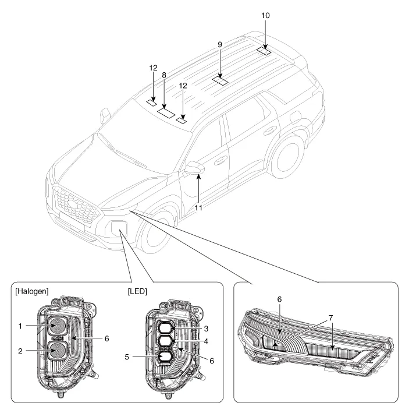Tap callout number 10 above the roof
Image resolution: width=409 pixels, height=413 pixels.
point(266,15)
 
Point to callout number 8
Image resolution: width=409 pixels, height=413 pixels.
point(165,75)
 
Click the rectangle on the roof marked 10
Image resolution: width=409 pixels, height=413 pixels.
point(264,51)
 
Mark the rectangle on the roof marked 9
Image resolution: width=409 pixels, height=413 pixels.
point(220,82)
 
